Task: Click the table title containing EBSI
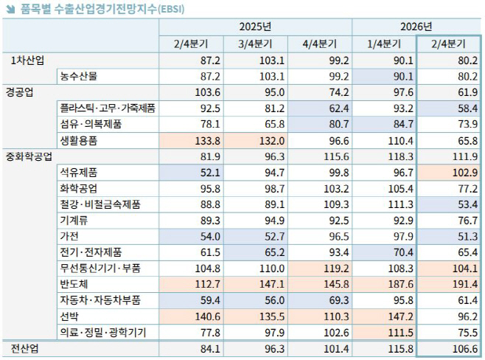(100, 9)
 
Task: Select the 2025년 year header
(255, 27)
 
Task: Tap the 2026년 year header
(417, 27)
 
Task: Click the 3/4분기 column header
(255, 44)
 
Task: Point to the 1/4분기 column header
(384, 44)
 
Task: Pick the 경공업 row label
(22, 92)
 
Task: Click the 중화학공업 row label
(29, 156)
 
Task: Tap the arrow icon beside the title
(9, 9)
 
